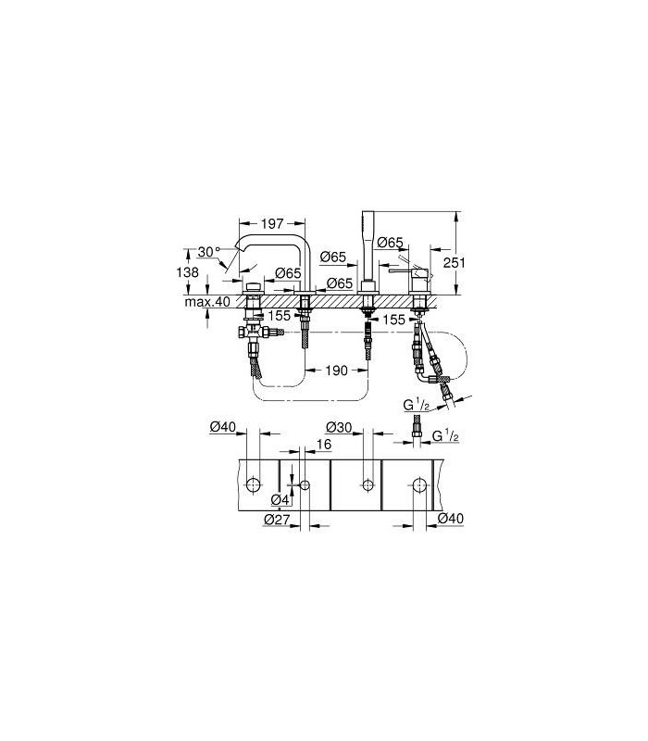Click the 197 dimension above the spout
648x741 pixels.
[x=272, y=223]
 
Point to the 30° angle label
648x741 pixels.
[x=209, y=252]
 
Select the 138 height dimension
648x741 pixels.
[x=188, y=272]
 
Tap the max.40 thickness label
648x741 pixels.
[x=207, y=302]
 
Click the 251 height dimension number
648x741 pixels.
[x=454, y=262]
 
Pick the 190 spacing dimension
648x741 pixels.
[x=336, y=370]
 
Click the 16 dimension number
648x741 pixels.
[x=324, y=445]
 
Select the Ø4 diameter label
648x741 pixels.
[x=280, y=499]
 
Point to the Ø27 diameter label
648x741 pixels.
[x=277, y=520]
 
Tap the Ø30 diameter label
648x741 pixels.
[x=339, y=427]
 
